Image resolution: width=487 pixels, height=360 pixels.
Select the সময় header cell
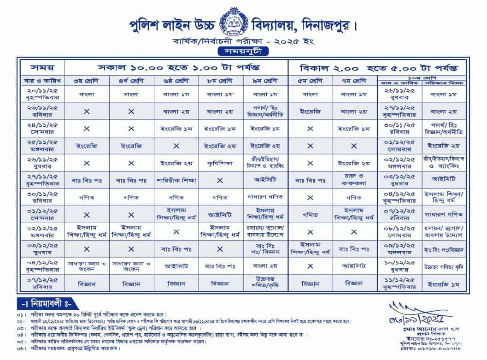pos(42,67)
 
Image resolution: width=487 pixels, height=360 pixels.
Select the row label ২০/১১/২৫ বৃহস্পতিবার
pos(42,94)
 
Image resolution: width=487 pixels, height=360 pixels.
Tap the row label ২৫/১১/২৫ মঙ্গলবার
pos(42,145)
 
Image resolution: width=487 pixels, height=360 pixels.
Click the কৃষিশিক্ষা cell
pos(220,162)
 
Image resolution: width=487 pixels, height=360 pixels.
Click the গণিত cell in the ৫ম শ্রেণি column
pos(310,214)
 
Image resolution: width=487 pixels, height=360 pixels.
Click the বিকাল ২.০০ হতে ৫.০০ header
pos(378,67)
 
